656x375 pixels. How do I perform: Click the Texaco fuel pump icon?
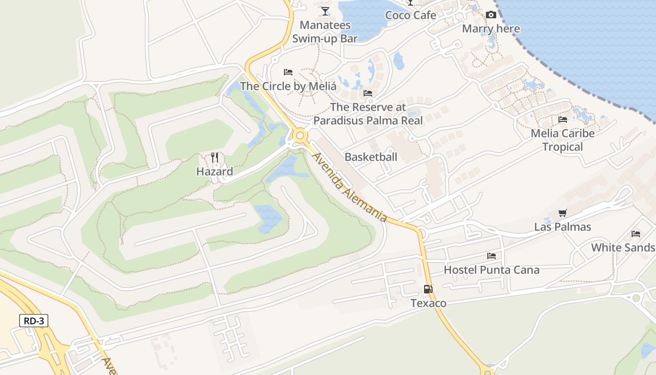coord(428,289)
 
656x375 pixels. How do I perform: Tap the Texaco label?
coord(428,303)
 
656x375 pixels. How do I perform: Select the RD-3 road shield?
coord(34,321)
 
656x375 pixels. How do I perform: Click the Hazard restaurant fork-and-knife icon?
coord(215,157)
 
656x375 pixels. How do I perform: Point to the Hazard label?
coord(215,172)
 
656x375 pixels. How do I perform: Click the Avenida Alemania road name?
coord(350,187)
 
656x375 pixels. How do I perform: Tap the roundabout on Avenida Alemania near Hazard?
coord(300,136)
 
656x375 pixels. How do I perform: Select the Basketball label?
coord(371,157)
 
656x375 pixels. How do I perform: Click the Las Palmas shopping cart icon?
coord(563,213)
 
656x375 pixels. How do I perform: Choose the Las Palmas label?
coord(563,227)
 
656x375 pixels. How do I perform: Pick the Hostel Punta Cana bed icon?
coord(492,256)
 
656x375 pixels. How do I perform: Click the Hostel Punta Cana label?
coord(492,270)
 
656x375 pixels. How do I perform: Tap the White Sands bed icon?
coord(636,233)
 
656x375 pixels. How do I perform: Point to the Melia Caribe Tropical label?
coord(563,140)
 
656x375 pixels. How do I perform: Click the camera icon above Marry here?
coord(491,15)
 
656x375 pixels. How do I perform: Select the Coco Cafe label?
coord(410,15)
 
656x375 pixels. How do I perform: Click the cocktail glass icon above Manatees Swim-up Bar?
coord(325,11)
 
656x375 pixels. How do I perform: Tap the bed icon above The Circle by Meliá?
coord(288,72)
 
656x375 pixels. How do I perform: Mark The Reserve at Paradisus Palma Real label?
coord(368,114)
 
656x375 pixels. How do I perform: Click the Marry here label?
coord(491,29)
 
